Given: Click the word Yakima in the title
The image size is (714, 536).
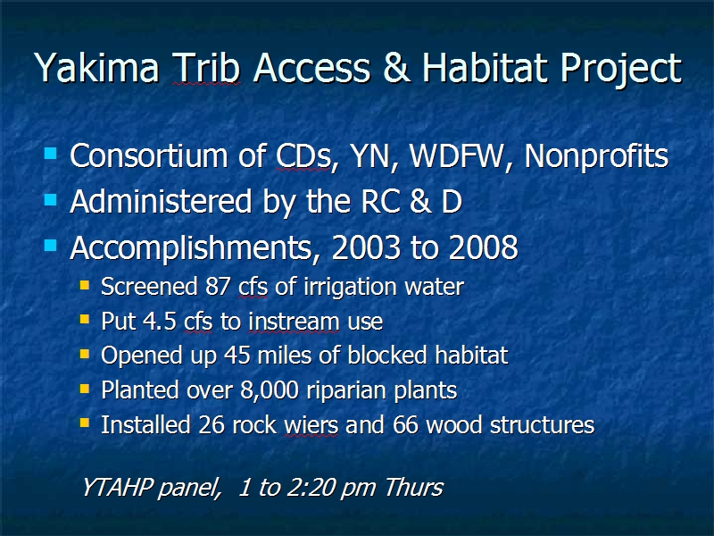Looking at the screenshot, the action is (x=97, y=68).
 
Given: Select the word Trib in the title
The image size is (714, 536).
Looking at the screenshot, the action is (x=207, y=68).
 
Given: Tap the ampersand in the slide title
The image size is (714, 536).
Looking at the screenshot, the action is (x=396, y=68).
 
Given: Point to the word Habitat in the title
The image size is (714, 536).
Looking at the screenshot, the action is (x=485, y=68).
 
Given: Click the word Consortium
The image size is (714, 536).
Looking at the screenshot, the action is (x=148, y=155).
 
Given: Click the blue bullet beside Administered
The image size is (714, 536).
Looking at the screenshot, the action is (x=51, y=199).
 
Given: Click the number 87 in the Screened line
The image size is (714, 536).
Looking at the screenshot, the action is (x=218, y=287).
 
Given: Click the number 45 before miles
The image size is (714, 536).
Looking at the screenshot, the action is (x=237, y=356).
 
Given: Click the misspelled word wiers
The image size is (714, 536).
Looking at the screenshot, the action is (x=311, y=425).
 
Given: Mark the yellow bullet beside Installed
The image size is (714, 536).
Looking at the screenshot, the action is (x=85, y=423).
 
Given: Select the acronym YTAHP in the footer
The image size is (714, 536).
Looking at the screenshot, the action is (x=117, y=487).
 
